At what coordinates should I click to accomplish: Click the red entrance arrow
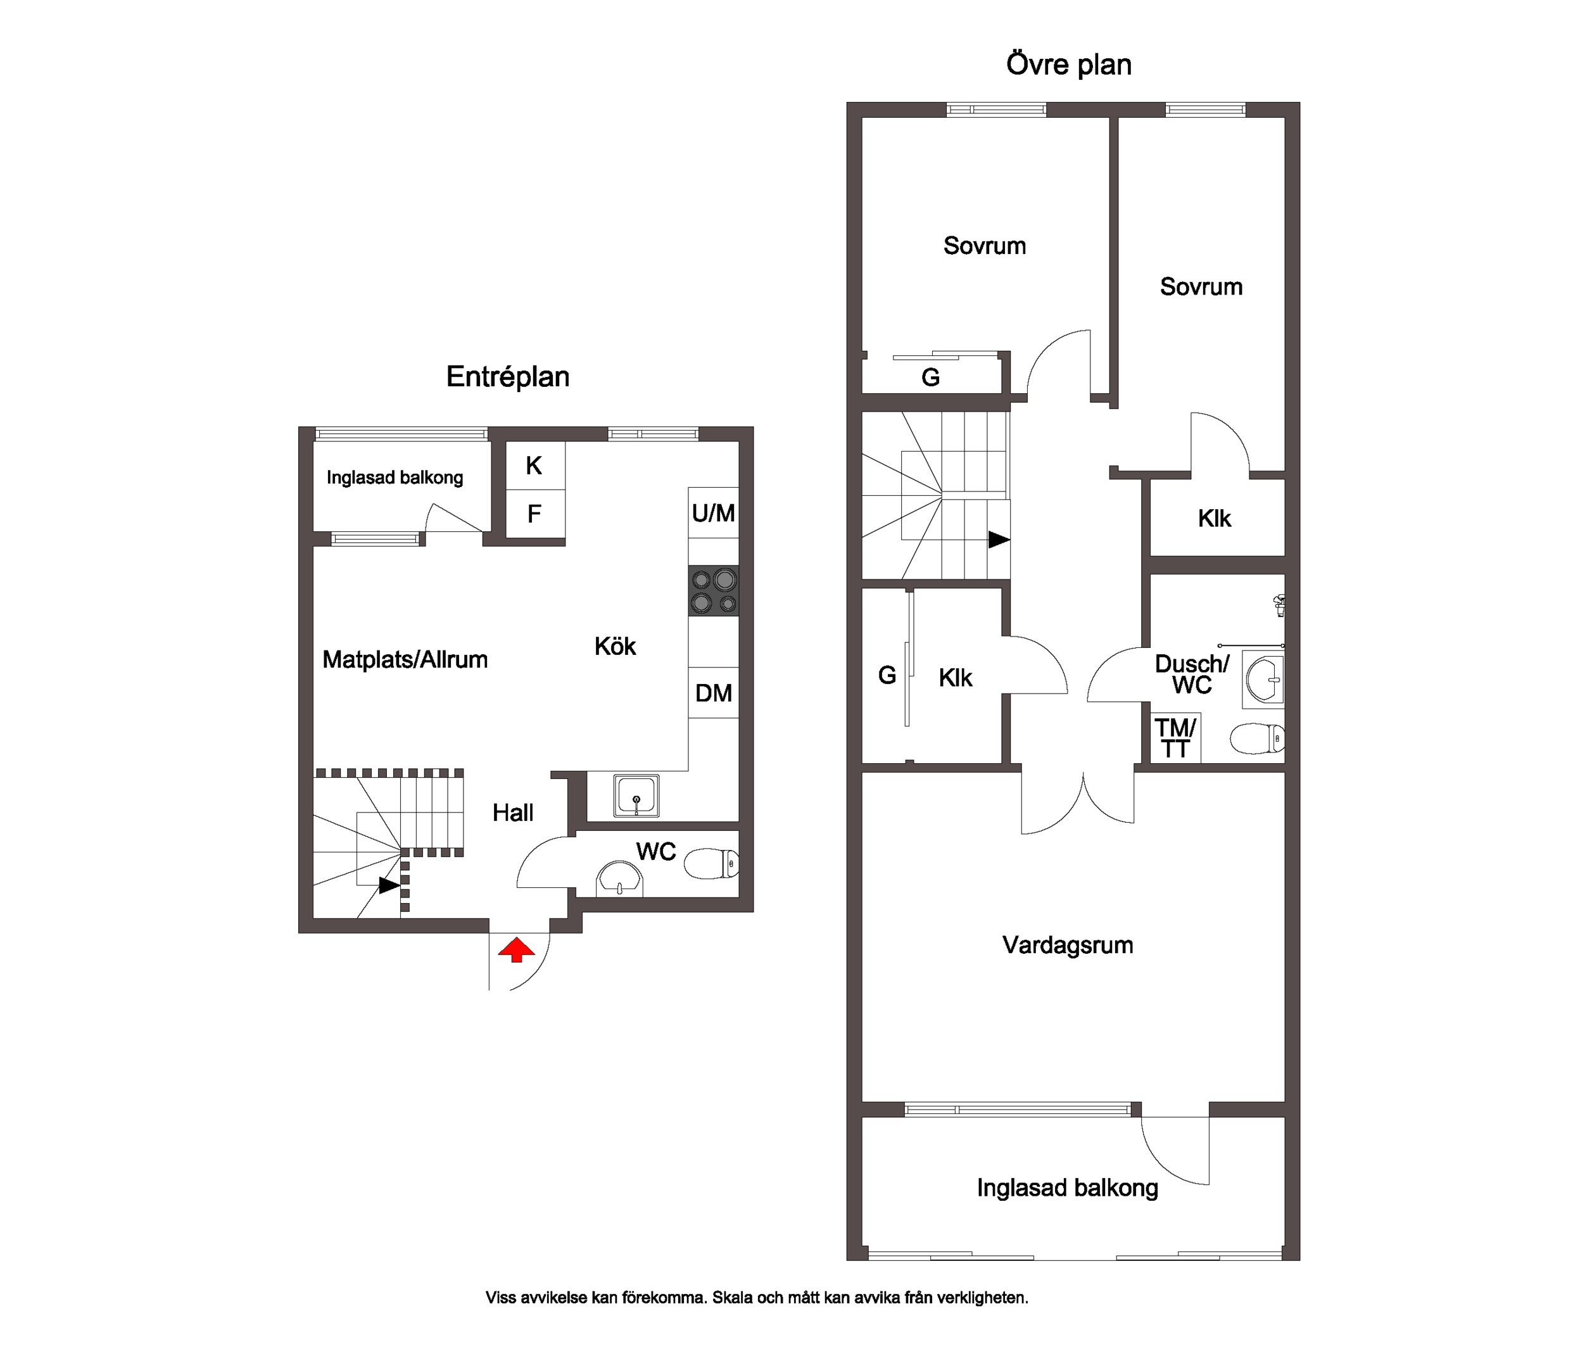coord(517,951)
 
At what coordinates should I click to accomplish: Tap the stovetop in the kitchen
coord(714,591)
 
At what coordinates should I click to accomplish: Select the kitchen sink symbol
coord(636,795)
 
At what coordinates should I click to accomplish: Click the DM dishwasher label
coord(714,693)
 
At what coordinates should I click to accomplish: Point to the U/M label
coord(714,513)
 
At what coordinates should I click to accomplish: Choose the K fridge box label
coord(534,465)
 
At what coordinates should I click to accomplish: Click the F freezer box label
coord(534,514)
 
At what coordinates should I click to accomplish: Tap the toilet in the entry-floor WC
coord(711,864)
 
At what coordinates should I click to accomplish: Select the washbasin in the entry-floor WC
coord(620,880)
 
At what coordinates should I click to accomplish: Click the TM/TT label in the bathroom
coord(1176,738)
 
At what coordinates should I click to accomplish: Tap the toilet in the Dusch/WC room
coord(1257,738)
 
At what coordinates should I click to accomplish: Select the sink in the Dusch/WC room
coord(1265,677)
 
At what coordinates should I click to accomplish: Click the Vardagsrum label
coord(1068,945)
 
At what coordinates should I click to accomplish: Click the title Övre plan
coord(1068,64)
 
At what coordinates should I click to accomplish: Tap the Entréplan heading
coord(507,377)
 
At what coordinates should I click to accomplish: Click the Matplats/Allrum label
coord(405,659)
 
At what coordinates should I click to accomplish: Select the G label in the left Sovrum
coord(930,377)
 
